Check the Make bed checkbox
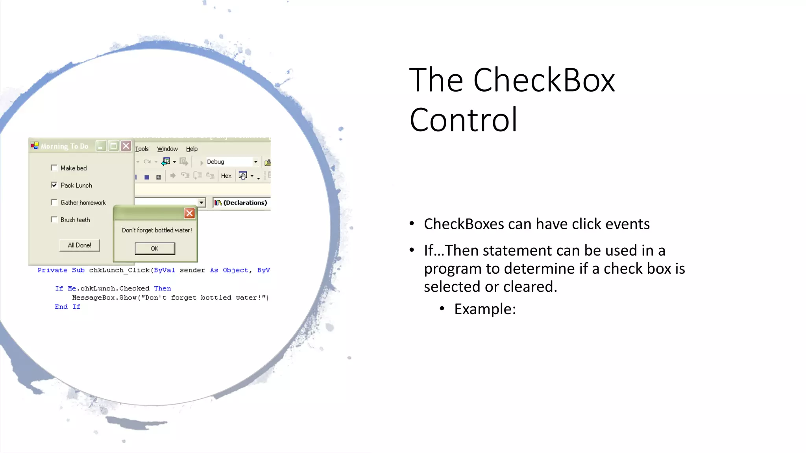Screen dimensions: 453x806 pyautogui.click(x=54, y=168)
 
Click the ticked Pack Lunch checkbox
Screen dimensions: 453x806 pyautogui.click(x=54, y=185)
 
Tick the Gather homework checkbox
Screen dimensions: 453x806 pyautogui.click(x=54, y=203)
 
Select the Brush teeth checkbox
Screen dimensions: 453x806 pyautogui.click(x=54, y=220)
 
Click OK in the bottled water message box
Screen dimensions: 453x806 pyautogui.click(x=155, y=249)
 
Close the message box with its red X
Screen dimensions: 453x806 pyautogui.click(x=189, y=213)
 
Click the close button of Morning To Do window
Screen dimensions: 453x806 pyautogui.click(x=126, y=146)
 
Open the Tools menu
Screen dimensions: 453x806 pyautogui.click(x=142, y=149)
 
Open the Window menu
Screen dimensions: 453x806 pyautogui.click(x=167, y=149)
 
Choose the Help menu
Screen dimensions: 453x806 pyautogui.click(x=192, y=149)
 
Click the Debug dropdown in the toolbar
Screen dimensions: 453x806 pyautogui.click(x=232, y=162)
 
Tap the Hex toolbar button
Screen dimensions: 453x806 pyautogui.click(x=226, y=176)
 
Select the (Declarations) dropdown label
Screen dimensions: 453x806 pyautogui.click(x=245, y=203)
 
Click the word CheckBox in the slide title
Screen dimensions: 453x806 pyautogui.click(x=544, y=80)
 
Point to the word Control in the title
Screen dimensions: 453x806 pyautogui.click(x=463, y=120)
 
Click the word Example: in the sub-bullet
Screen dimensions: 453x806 pyautogui.click(x=485, y=309)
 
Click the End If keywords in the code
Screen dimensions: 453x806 pyautogui.click(x=67, y=307)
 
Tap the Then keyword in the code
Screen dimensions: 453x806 pyautogui.click(x=162, y=288)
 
